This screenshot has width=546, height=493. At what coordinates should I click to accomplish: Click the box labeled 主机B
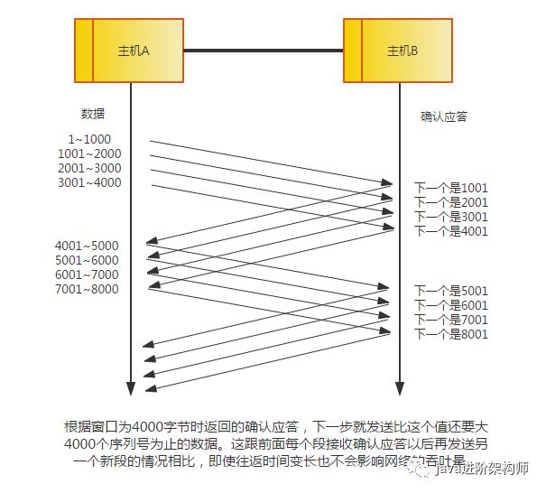coord(397,49)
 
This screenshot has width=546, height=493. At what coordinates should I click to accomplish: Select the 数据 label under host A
coord(92,114)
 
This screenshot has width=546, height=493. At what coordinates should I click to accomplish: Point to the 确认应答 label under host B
coord(444,116)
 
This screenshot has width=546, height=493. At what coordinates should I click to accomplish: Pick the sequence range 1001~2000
coord(88,153)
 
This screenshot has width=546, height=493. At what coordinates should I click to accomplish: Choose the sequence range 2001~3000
coord(88,168)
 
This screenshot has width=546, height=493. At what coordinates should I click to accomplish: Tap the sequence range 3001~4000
coord(88,182)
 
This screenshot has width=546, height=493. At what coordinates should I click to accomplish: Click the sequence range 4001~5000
coord(87,246)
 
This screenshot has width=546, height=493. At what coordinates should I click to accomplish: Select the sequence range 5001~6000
coord(87,260)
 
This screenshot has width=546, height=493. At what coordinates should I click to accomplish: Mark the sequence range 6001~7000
coord(87,274)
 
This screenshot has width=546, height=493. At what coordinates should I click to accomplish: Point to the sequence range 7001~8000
coord(87,289)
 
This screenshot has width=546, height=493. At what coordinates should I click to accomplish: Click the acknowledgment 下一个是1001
coord(450,188)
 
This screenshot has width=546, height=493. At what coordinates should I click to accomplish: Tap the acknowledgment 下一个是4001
coord(450,231)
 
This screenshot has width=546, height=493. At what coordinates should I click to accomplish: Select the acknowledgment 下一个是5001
coord(450,291)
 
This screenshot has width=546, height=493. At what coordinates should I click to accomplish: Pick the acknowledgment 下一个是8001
coord(450,334)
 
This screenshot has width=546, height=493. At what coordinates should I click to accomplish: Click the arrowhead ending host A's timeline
coord(130,389)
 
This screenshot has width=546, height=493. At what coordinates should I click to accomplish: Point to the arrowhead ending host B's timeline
coord(398,389)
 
